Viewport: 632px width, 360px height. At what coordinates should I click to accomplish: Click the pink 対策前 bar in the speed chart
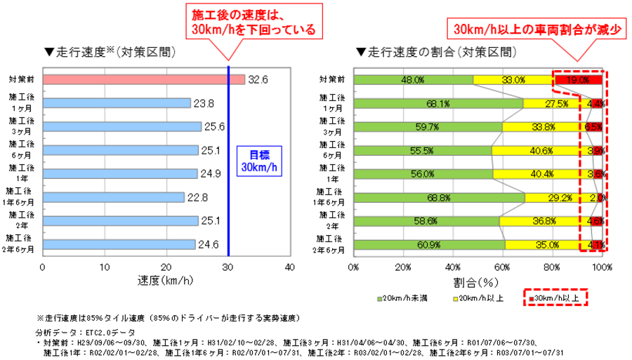144,79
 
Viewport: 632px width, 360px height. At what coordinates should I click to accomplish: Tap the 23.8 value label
204,103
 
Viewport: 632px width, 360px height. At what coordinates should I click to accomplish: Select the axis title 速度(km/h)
166,282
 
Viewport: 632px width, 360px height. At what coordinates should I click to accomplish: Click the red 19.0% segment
578,80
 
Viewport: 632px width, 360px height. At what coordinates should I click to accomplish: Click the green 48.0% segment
414,80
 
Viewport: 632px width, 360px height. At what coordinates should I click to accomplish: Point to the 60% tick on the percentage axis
503,267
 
